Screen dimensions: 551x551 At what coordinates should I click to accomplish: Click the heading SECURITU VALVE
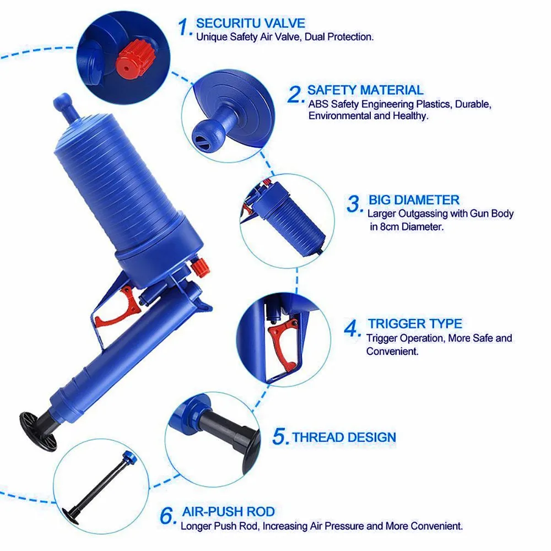pyautogui.click(x=251, y=23)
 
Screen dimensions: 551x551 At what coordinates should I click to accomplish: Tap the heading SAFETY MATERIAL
pyautogui.click(x=365, y=90)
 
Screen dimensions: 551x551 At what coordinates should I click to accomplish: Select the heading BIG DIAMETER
pyautogui.click(x=414, y=200)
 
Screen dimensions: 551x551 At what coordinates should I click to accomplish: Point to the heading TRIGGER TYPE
pyautogui.click(x=415, y=323)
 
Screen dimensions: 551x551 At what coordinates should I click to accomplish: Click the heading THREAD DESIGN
pyautogui.click(x=344, y=437)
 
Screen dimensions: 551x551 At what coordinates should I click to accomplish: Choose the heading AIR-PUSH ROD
pyautogui.click(x=229, y=512)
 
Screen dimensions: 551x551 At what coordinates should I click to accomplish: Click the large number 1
pyautogui.click(x=185, y=27)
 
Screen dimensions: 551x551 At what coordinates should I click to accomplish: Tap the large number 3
pyautogui.click(x=354, y=204)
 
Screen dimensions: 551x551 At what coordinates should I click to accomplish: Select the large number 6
pyautogui.click(x=168, y=516)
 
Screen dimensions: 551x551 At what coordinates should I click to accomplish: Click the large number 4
pyautogui.click(x=352, y=328)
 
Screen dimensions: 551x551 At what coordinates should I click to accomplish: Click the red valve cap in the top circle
pyautogui.click(x=133, y=58)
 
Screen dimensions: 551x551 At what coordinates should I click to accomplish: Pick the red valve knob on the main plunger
pyautogui.click(x=199, y=267)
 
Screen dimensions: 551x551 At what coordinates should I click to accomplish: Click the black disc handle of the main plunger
pyautogui.click(x=37, y=431)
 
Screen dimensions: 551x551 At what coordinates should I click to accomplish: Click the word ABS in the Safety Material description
pyautogui.click(x=318, y=104)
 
